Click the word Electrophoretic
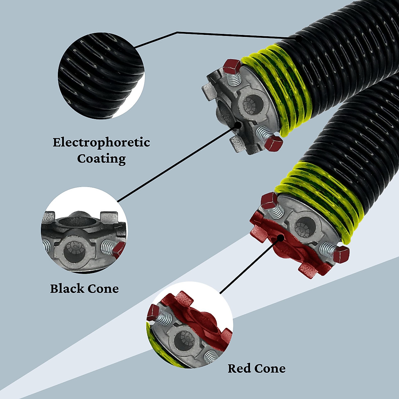(101, 143)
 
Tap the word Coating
(101, 159)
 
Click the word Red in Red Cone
(239, 368)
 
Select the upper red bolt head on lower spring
(269, 201)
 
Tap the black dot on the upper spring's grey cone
(238, 125)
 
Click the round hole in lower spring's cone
(304, 226)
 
